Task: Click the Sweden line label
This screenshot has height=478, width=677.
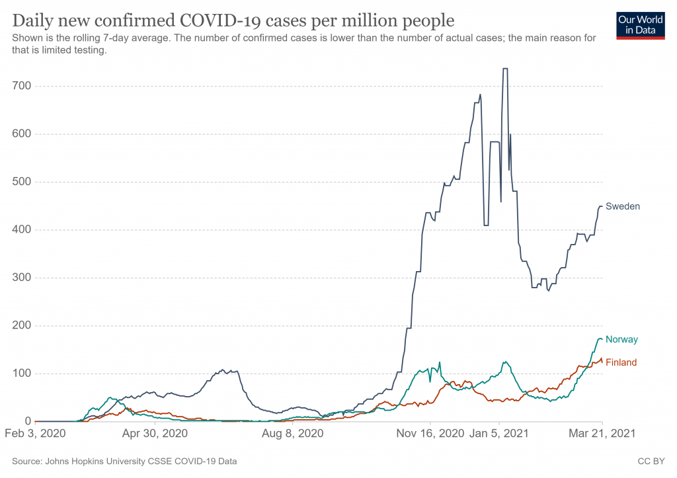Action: pyautogui.click(x=623, y=206)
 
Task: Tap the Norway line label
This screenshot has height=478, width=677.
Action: pyautogui.click(x=621, y=339)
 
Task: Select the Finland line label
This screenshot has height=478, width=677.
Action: pyautogui.click(x=621, y=362)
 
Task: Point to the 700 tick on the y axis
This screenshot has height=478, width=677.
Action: pyautogui.click(x=20, y=86)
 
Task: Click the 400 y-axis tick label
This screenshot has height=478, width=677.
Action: pyautogui.click(x=20, y=230)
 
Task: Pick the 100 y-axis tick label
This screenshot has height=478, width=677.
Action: pyautogui.click(x=20, y=374)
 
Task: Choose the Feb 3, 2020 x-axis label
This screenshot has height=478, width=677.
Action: pyautogui.click(x=36, y=434)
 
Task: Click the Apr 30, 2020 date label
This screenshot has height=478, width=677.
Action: pyautogui.click(x=154, y=434)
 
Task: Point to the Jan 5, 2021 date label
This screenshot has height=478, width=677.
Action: pyautogui.click(x=500, y=434)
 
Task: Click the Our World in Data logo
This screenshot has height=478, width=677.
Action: pyautogui.click(x=640, y=25)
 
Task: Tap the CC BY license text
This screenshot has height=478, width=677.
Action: pyautogui.click(x=653, y=461)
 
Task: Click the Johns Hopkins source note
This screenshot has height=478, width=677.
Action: pyautogui.click(x=124, y=461)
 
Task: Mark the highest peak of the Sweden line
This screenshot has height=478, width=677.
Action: pyautogui.click(x=504, y=68)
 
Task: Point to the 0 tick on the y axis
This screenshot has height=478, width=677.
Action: pyautogui.click(x=26, y=421)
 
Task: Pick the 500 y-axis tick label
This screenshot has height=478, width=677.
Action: pyautogui.click(x=20, y=182)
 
